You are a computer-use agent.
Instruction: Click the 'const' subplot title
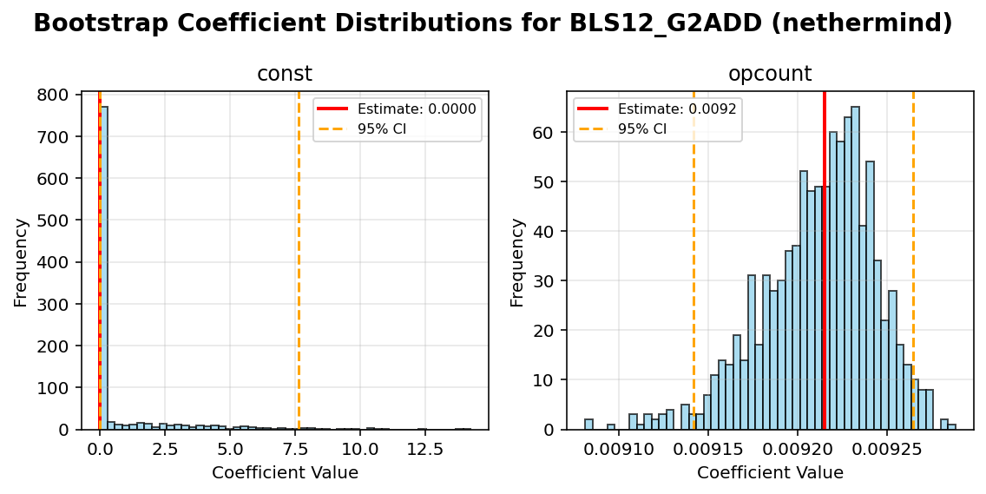(x=284, y=75)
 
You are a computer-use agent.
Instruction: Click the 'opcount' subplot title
(x=769, y=75)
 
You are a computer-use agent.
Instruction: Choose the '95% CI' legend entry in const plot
(x=382, y=129)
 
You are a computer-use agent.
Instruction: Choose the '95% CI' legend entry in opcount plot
(x=642, y=129)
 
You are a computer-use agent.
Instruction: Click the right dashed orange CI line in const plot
(x=299, y=260)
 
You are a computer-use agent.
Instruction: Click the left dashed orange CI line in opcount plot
(x=693, y=260)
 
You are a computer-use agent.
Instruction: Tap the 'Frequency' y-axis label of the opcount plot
(x=517, y=261)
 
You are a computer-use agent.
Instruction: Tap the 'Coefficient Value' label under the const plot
(x=285, y=473)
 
